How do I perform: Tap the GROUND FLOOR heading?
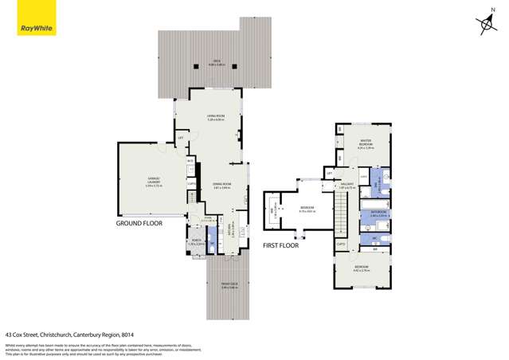139,224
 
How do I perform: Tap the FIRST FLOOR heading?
281,246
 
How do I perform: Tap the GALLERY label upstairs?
347,186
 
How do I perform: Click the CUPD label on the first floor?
341,244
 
